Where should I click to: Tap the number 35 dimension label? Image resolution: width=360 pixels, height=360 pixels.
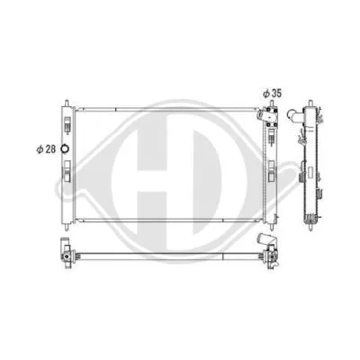(279, 93)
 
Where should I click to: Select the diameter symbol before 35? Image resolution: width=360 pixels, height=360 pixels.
(266, 93)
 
